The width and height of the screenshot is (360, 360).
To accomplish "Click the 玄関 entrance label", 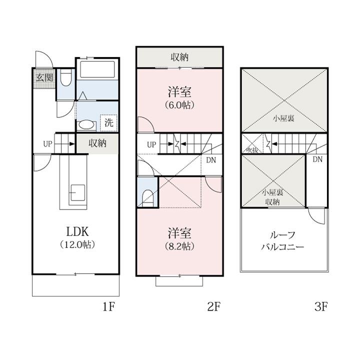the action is (x=45, y=78).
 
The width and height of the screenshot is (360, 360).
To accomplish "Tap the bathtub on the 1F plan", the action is (x=97, y=69).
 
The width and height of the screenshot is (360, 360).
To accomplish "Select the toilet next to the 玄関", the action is (x=66, y=77).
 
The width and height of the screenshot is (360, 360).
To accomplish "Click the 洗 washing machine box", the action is (x=109, y=122).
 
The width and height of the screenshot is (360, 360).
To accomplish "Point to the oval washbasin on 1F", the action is (x=86, y=125).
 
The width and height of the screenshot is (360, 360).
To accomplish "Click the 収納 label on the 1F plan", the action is (x=97, y=143).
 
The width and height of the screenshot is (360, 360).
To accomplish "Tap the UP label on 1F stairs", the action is (x=48, y=144).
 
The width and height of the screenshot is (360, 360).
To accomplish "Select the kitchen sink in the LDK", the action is (x=77, y=192).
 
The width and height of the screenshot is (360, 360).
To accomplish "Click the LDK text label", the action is (x=77, y=232).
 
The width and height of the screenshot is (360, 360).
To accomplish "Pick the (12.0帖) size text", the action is (x=77, y=244).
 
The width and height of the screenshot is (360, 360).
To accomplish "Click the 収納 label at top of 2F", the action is (x=179, y=57).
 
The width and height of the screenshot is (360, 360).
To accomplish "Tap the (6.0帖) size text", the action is (x=179, y=105).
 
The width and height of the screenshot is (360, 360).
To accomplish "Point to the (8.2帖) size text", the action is (x=179, y=246).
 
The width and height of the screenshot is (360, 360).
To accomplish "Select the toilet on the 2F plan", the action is (x=147, y=198).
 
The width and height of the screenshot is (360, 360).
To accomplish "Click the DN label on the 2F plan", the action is (x=211, y=160).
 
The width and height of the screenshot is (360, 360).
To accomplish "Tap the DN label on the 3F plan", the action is (x=317, y=159).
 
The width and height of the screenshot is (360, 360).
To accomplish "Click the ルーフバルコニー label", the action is (x=282, y=241).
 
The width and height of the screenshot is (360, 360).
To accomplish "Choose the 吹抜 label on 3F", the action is (x=252, y=150).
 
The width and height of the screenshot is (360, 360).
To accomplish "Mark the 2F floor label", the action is (x=214, y=306).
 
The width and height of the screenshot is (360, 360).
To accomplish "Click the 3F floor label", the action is (x=321, y=306).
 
